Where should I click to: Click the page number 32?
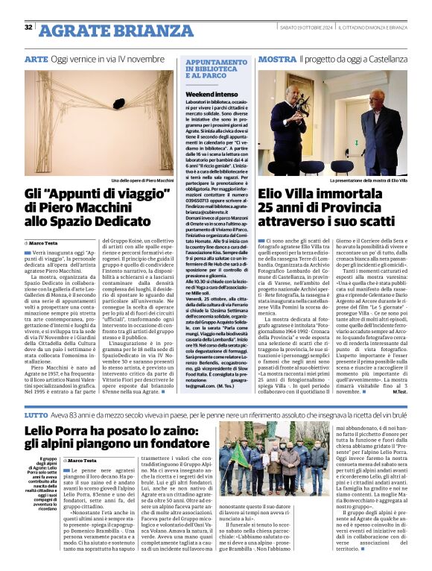click(x=28, y=28)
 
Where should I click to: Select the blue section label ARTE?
click(x=36, y=58)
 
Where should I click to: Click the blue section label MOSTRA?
click(x=277, y=58)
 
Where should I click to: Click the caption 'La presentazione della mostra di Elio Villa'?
click(x=369, y=181)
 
